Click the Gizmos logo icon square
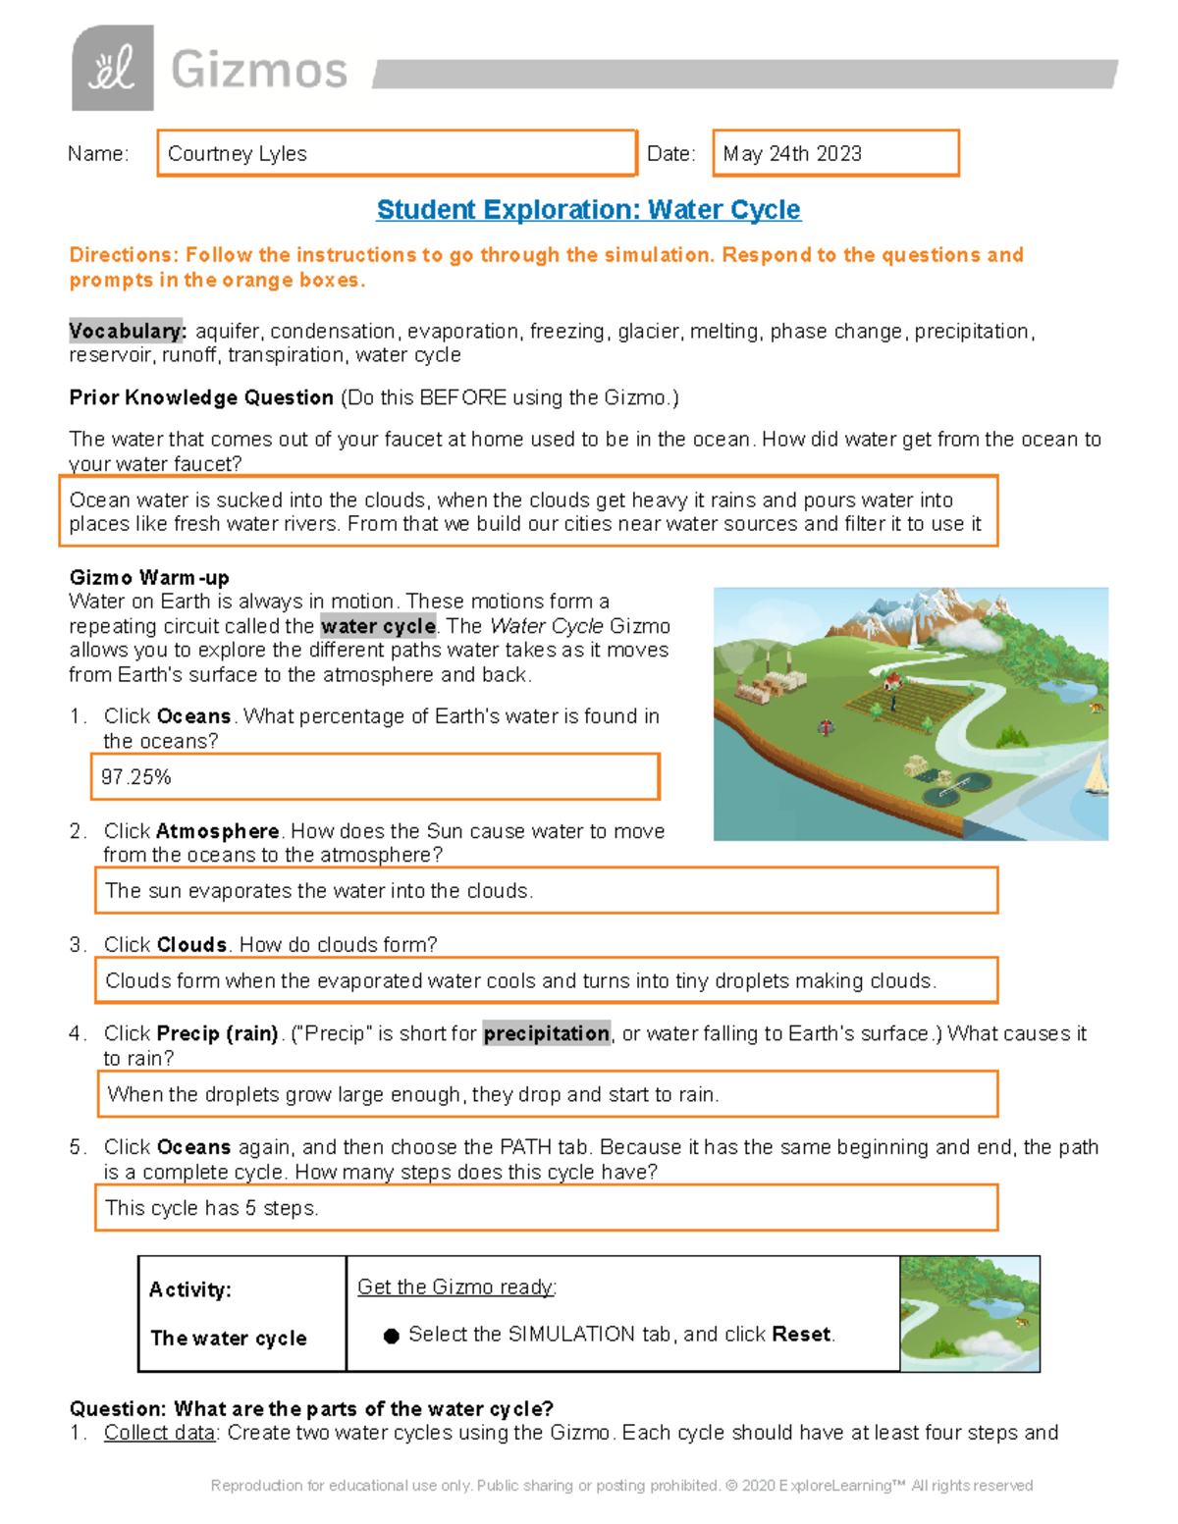(112, 68)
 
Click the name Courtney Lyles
(237, 154)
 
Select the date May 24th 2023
(792, 154)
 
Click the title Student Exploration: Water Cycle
(588, 210)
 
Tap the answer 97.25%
(136, 777)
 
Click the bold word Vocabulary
(127, 332)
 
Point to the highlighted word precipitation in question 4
(546, 1033)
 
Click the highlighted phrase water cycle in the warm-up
(378, 626)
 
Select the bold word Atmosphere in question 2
(217, 831)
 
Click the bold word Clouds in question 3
(192, 945)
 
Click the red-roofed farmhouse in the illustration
(892, 680)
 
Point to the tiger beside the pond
(1096, 707)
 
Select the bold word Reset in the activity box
(801, 1335)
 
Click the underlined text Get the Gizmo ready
(456, 1288)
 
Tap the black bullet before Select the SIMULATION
(391, 1336)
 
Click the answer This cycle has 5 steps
(212, 1208)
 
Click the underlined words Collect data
(160, 1433)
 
